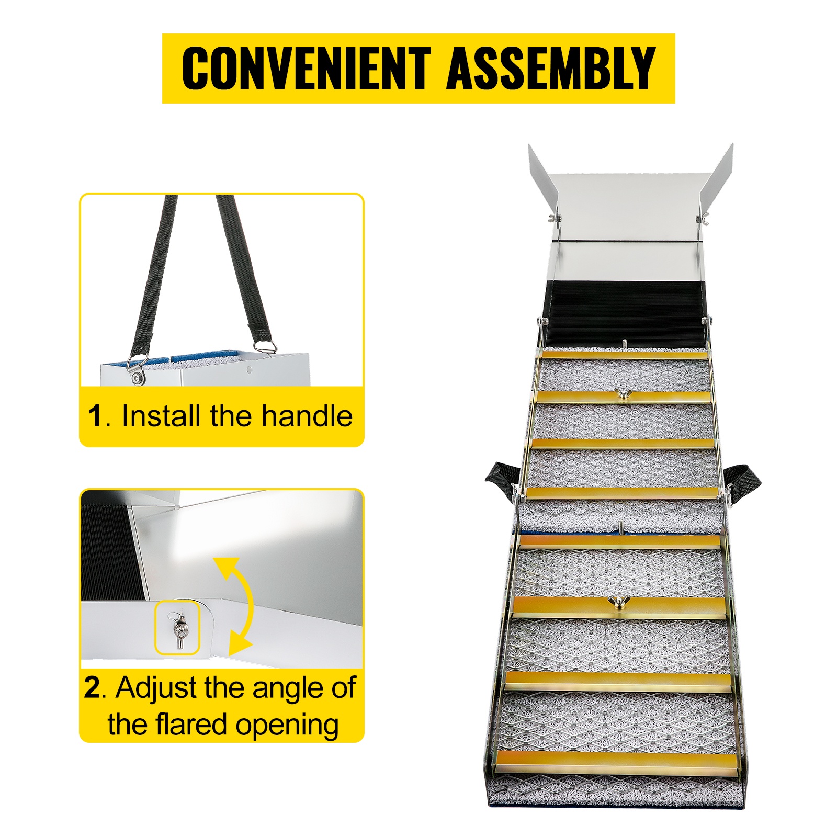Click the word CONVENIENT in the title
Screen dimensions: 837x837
coord(307,68)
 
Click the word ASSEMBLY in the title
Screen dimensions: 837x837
coord(551,68)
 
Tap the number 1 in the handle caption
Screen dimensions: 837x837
coord(95,416)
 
